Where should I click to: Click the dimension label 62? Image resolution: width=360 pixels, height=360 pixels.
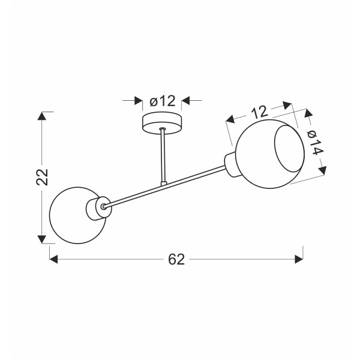tap(176, 259)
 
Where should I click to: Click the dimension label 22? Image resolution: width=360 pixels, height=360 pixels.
tap(42, 177)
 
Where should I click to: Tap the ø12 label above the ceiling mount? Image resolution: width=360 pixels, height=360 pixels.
tap(163, 101)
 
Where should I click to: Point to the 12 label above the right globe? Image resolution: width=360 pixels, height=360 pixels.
tap(259, 112)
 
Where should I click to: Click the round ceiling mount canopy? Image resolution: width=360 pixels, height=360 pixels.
tap(162, 123)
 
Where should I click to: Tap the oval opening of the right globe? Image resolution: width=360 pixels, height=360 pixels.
tap(289, 149)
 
